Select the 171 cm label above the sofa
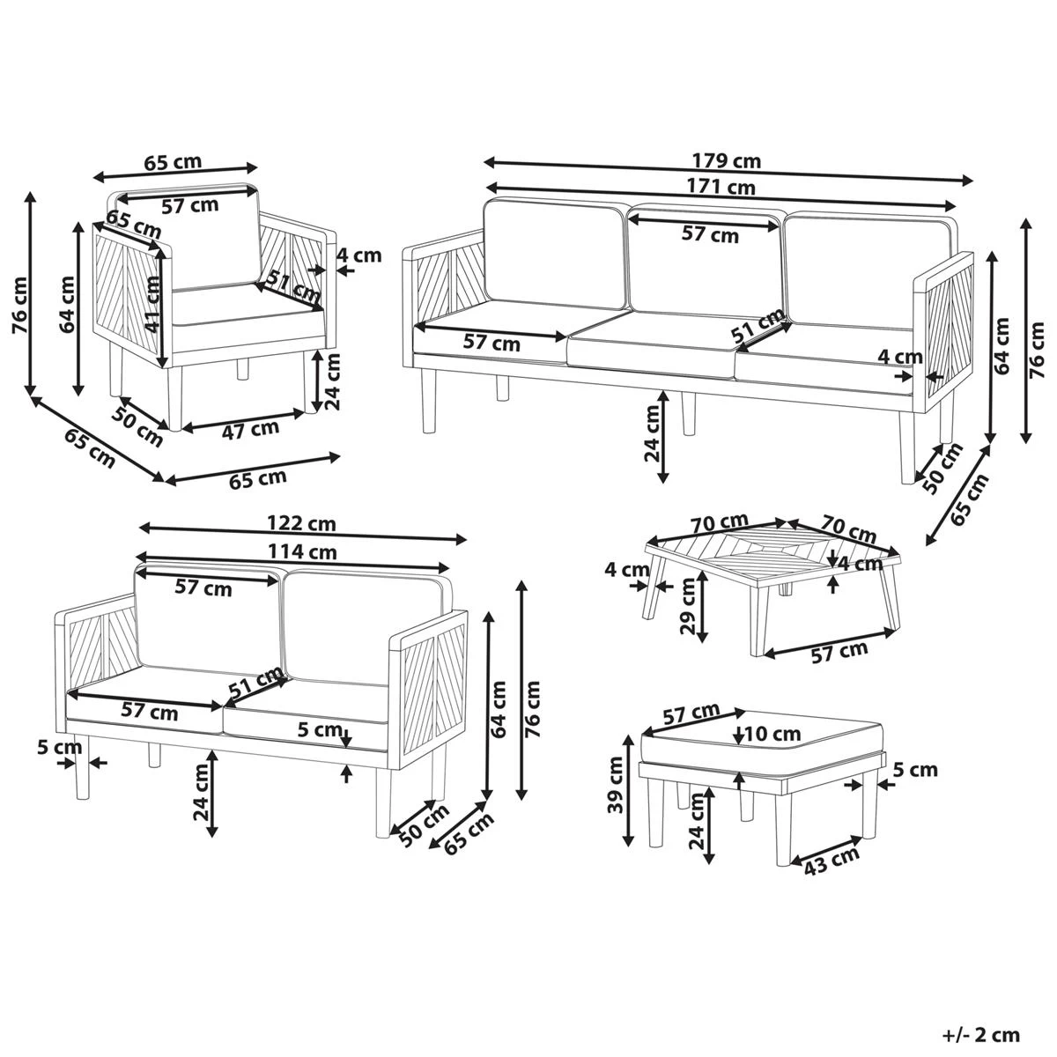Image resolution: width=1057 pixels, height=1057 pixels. pos(727,187)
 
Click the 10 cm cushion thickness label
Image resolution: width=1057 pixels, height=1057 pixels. pos(772,733)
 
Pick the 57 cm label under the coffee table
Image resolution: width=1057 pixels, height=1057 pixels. pos(839,653)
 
